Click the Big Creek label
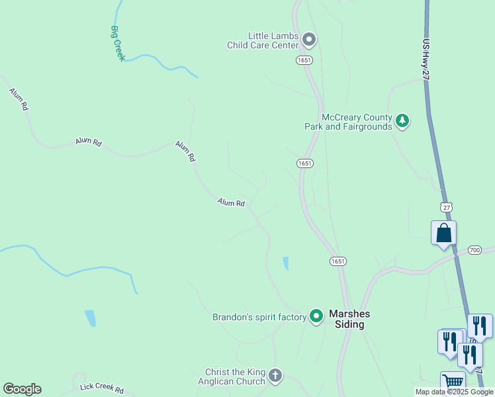click(118, 44)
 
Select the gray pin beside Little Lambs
click(308, 40)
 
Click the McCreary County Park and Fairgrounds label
click(348, 121)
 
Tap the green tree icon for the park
click(402, 121)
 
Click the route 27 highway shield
click(447, 207)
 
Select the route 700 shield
click(474, 249)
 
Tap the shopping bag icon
click(443, 234)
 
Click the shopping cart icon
click(453, 382)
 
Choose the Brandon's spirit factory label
click(259, 317)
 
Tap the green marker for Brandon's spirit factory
click(316, 317)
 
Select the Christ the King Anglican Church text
click(234, 376)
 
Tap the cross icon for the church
click(275, 376)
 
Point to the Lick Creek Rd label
click(101, 388)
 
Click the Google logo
click(22, 389)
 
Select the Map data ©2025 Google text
click(454, 392)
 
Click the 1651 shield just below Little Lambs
click(304, 60)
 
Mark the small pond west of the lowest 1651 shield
click(285, 263)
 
